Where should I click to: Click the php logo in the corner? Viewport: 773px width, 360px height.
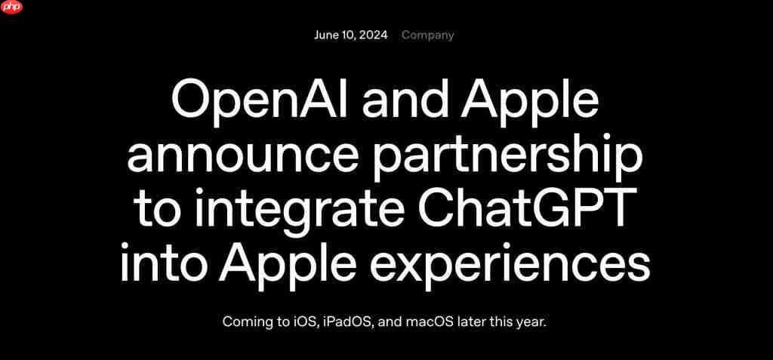pyautogui.click(x=12, y=8)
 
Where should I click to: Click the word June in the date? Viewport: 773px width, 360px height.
pyautogui.click(x=327, y=35)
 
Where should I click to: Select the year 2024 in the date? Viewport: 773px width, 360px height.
pyautogui.click(x=374, y=35)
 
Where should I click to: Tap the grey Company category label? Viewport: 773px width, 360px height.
pyautogui.click(x=428, y=35)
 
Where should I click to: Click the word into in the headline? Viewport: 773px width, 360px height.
pyautogui.click(x=164, y=264)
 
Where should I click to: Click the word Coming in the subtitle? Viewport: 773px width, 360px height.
pyautogui.click(x=245, y=322)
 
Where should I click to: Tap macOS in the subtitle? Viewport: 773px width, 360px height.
pyautogui.click(x=431, y=322)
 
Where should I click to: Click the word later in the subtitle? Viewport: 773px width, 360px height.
pyautogui.click(x=473, y=322)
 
